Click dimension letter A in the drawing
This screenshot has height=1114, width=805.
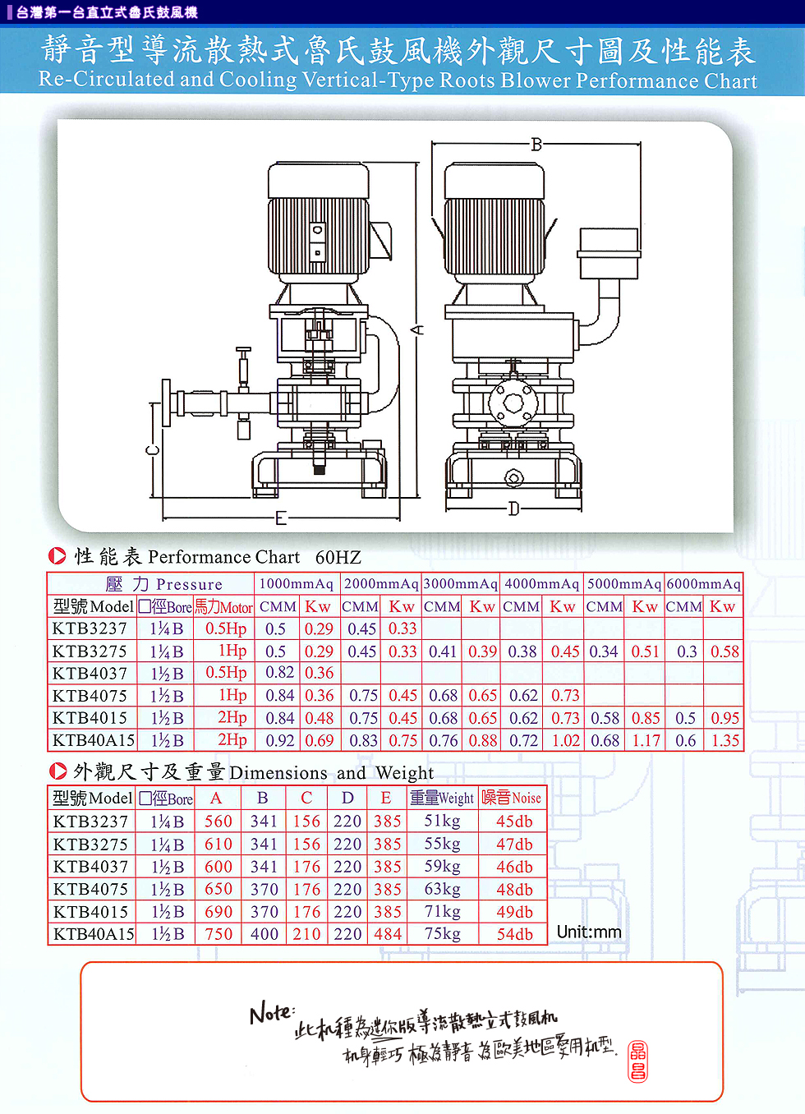pyautogui.click(x=417, y=329)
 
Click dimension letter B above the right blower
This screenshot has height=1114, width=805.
pyautogui.click(x=536, y=145)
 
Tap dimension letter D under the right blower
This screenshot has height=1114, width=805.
pyautogui.click(x=513, y=509)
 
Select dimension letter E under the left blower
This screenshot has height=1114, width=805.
pyautogui.click(x=281, y=518)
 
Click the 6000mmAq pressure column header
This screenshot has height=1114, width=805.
pyautogui.click(x=704, y=584)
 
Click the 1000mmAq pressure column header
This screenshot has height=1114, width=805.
pyautogui.click(x=297, y=584)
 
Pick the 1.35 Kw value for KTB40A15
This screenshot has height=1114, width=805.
pyautogui.click(x=724, y=741)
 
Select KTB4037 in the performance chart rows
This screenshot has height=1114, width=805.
pyautogui.click(x=90, y=674)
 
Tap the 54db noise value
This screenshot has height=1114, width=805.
pyautogui.click(x=514, y=934)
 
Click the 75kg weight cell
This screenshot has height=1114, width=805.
pyautogui.click(x=442, y=934)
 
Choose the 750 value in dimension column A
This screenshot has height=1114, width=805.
pyautogui.click(x=218, y=934)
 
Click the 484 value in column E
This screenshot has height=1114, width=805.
pyautogui.click(x=388, y=934)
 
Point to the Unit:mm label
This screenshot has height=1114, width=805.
pyautogui.click(x=589, y=932)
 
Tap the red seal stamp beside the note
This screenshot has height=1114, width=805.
pyautogui.click(x=637, y=1060)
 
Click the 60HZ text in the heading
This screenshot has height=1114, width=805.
pyautogui.click(x=338, y=558)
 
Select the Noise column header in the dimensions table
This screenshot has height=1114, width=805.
pyautogui.click(x=511, y=798)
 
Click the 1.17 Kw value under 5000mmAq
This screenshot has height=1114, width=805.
pyautogui.click(x=646, y=741)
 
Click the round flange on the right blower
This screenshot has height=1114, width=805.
pyautogui.click(x=513, y=403)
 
